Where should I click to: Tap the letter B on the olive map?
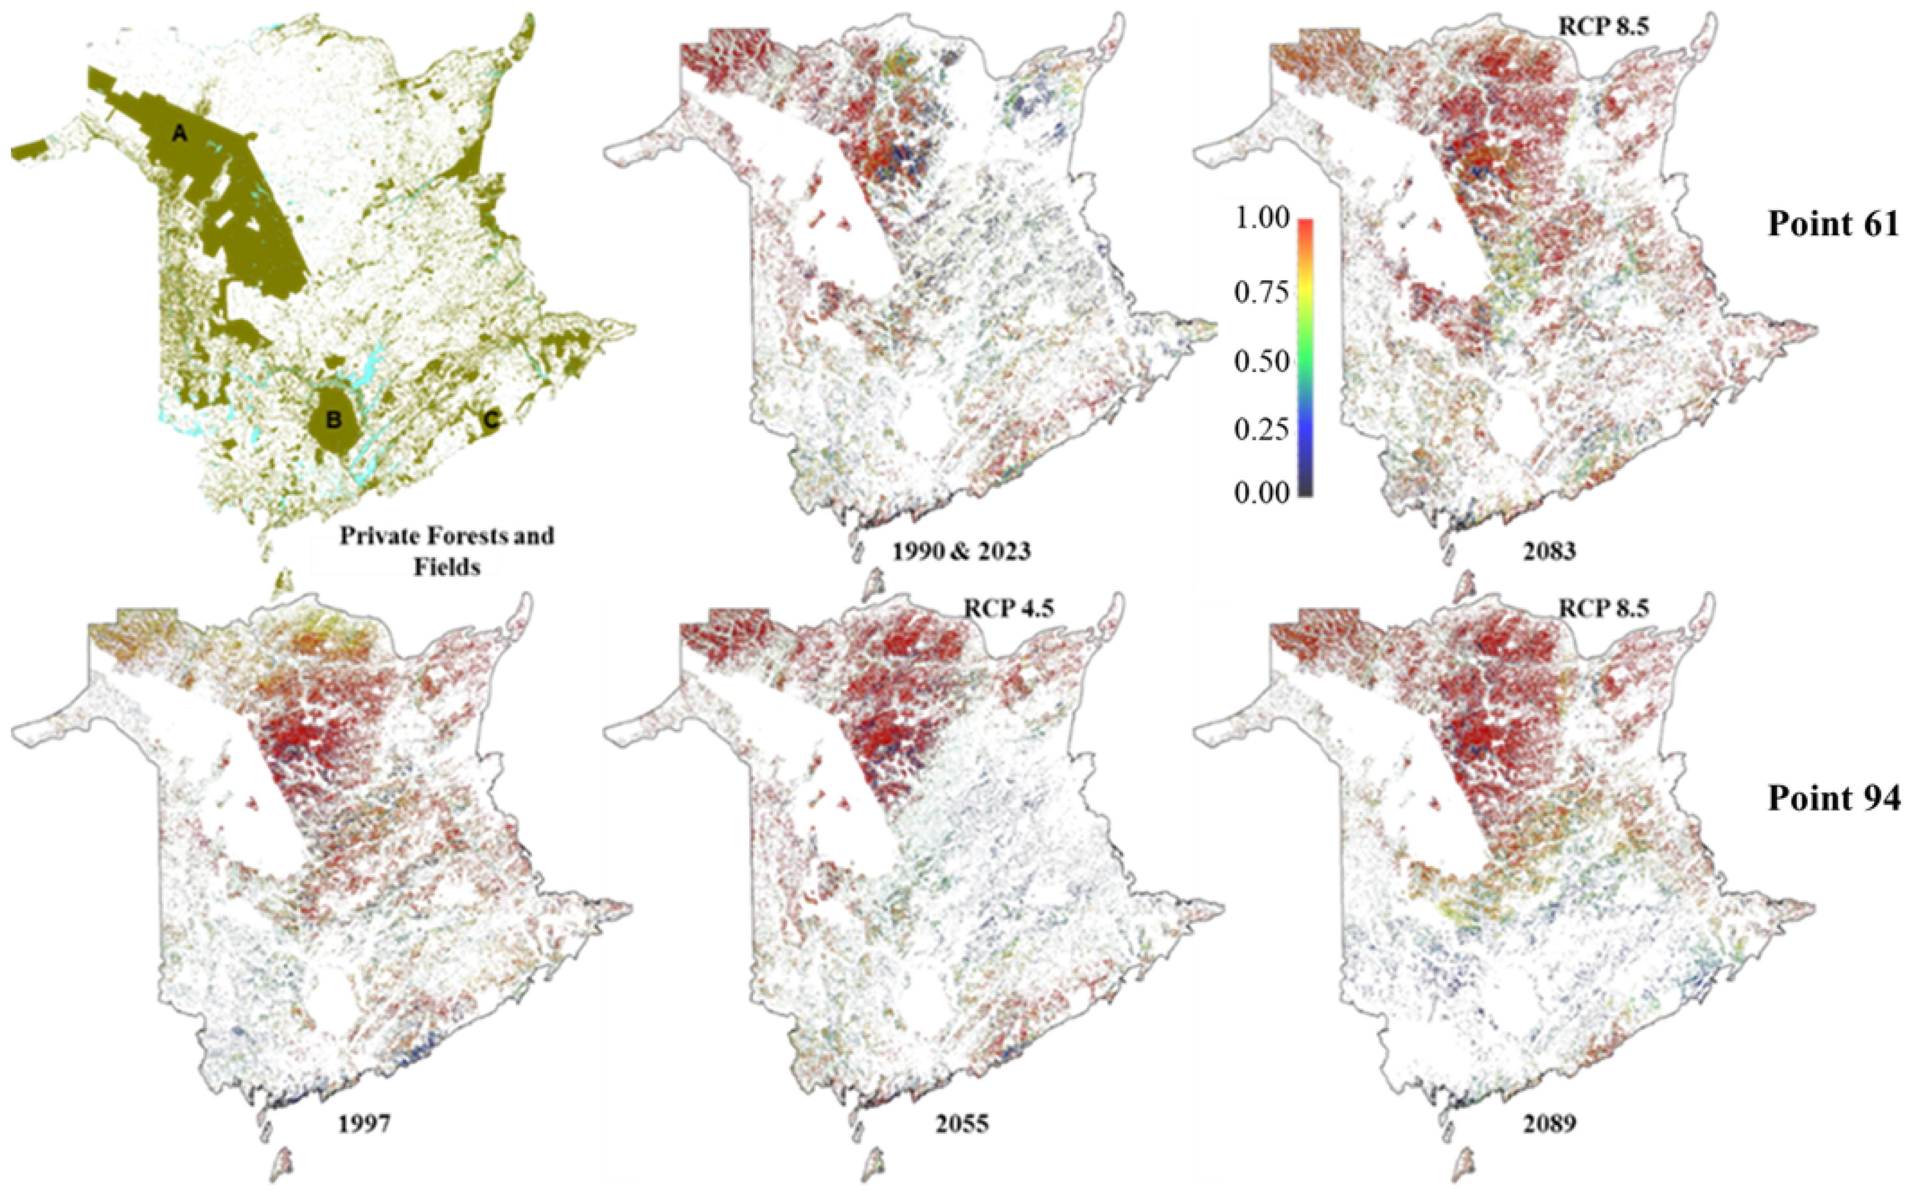click(x=334, y=420)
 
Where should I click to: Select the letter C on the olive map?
click(x=491, y=420)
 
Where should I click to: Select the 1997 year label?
click(x=364, y=1123)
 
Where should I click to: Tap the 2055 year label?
click(x=961, y=1123)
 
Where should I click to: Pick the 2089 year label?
click(x=1549, y=1123)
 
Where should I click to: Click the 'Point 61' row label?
click(x=1833, y=224)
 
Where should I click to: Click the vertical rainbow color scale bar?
click(x=1305, y=356)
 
